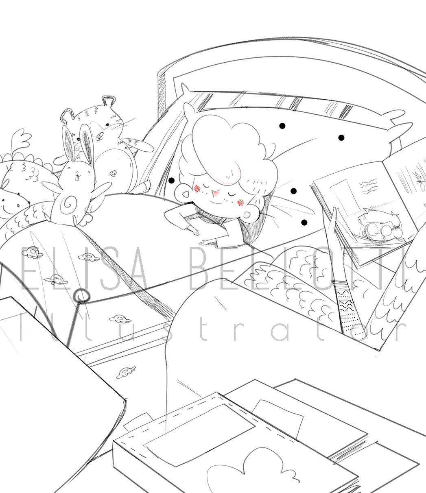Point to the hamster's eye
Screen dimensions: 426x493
[107, 124]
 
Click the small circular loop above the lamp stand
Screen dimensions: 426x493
[81, 296]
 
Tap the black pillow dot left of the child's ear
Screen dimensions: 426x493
[171, 181]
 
